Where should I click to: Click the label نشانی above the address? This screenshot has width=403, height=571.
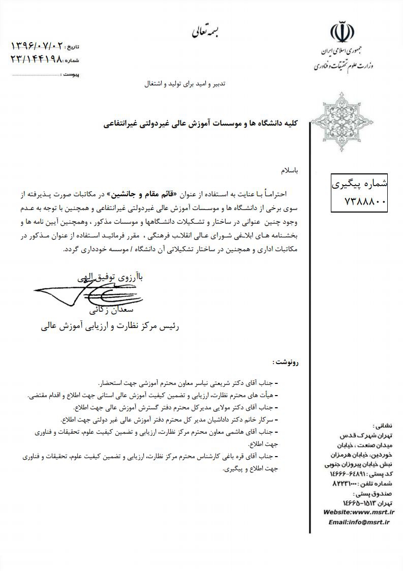[x=382, y=426]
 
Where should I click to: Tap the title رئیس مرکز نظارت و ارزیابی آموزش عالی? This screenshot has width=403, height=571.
[x=111, y=325]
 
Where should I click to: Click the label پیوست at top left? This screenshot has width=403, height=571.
[x=70, y=74]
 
